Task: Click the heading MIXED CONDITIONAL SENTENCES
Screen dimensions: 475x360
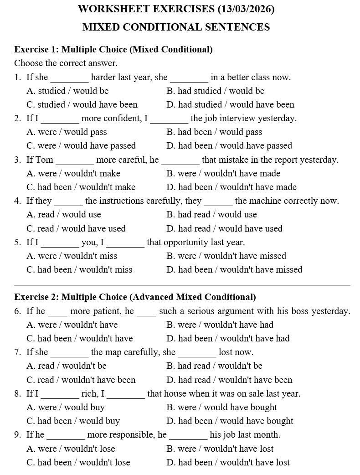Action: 176,27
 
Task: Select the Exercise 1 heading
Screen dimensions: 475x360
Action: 113,49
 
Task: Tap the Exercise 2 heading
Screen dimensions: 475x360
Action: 135,297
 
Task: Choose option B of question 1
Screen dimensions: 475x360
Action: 215,91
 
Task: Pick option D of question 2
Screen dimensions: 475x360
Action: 229,146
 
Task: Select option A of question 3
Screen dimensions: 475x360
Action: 73,173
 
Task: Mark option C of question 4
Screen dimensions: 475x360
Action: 76,228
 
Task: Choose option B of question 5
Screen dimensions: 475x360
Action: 226,256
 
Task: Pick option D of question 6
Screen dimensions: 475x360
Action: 228,338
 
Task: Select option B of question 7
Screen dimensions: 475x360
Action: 214,366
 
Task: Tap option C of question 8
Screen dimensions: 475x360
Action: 73,421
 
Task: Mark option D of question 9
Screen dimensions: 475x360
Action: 228,462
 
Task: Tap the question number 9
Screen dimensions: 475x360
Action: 17,435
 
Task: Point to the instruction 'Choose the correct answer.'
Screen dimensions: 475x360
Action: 66,63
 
